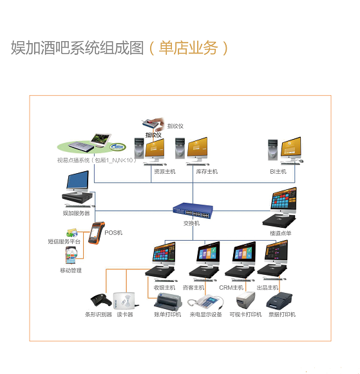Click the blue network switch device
pyautogui.click(x=193, y=211)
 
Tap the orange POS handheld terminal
pyautogui.click(x=97, y=233)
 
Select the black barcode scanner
pyautogui.click(x=101, y=301)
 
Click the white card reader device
pyautogui.click(x=125, y=301)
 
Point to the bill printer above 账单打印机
pyautogui.click(x=168, y=302)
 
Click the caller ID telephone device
pyautogui.click(x=205, y=303)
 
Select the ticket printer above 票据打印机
pyautogui.click(x=279, y=301)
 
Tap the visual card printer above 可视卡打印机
pyautogui.click(x=245, y=301)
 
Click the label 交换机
pyautogui.click(x=191, y=223)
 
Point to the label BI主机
pyautogui.click(x=278, y=171)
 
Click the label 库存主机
pyautogui.click(x=207, y=171)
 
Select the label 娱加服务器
pyautogui.click(x=77, y=213)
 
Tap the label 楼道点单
pyautogui.click(x=280, y=233)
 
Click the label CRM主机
pyautogui.click(x=231, y=288)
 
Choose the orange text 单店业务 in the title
pyautogui.click(x=188, y=48)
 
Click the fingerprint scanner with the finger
pyautogui.click(x=154, y=124)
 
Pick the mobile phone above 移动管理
pyautogui.click(x=71, y=255)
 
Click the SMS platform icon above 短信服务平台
pyautogui.click(x=72, y=233)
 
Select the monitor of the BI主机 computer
pyautogui.click(x=291, y=148)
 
